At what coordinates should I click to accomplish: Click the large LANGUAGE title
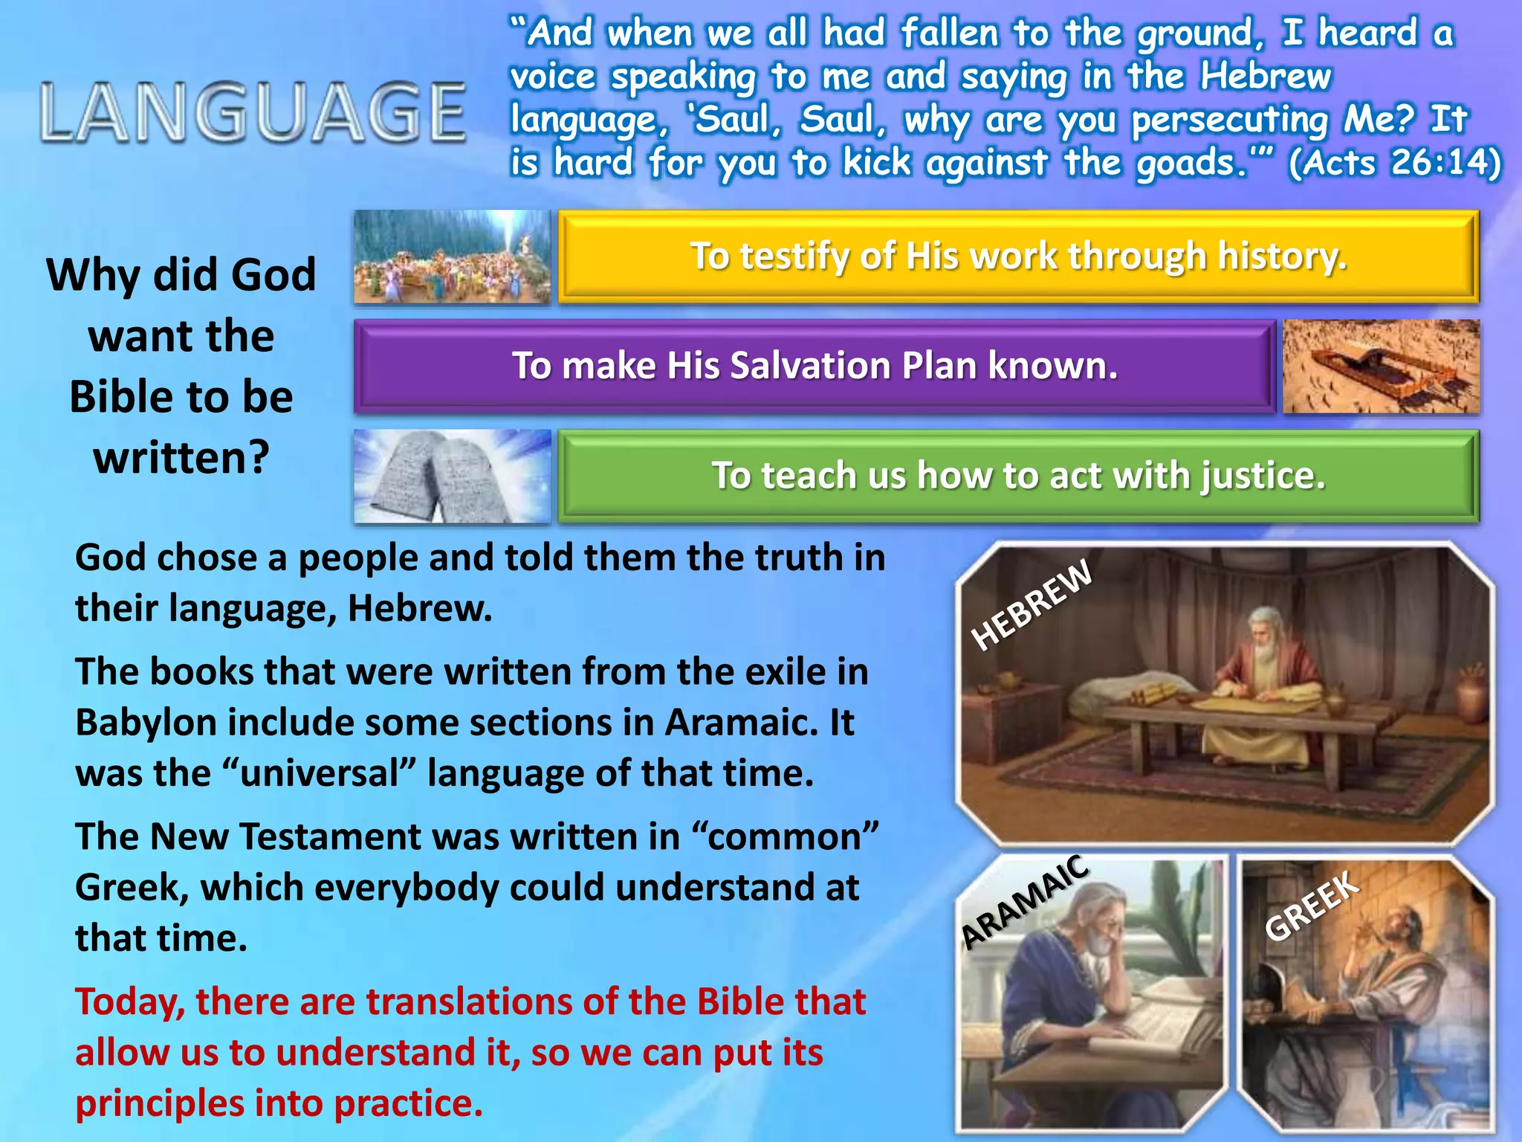click(253, 113)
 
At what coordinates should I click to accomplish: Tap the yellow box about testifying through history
click(1018, 257)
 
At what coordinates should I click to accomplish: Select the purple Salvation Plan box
click(815, 366)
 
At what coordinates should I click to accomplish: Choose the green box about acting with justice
click(1018, 476)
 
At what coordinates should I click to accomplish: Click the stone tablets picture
click(452, 476)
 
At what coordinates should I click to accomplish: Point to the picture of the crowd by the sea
click(452, 257)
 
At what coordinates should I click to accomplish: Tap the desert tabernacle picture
click(1381, 366)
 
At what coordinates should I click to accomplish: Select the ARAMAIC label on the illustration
click(1026, 901)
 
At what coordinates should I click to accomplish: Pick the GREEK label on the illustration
click(1312, 906)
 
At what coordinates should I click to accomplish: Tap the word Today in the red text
click(129, 1002)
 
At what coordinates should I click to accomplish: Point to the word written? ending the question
click(181, 457)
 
